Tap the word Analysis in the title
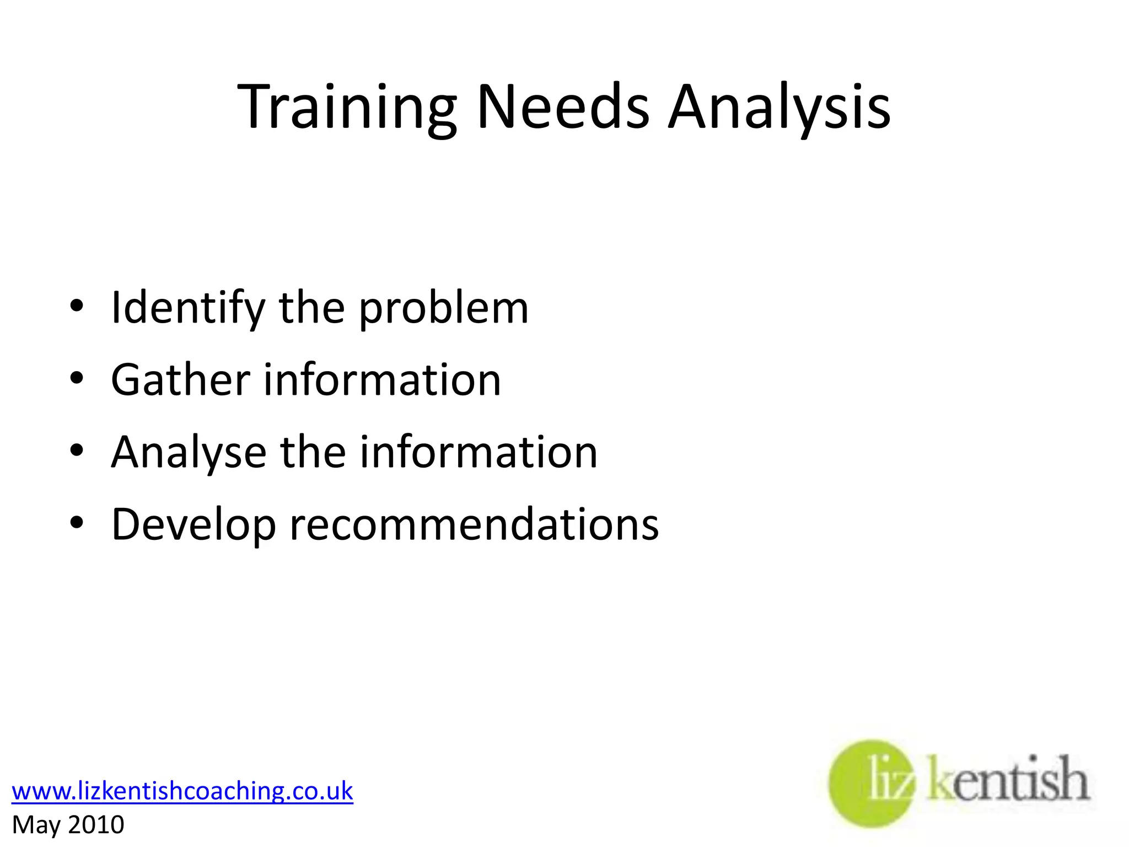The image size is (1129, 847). (x=779, y=108)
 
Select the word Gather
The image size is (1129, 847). (x=181, y=380)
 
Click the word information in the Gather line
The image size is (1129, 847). (x=383, y=380)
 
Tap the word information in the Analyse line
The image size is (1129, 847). (x=479, y=452)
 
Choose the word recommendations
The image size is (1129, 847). (x=474, y=524)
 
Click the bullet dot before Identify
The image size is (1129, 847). (x=77, y=306)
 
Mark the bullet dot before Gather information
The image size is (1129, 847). (x=77, y=378)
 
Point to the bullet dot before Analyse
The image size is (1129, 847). (x=77, y=451)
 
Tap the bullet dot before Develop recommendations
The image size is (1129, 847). (x=77, y=522)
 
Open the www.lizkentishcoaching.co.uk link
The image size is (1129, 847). (x=182, y=791)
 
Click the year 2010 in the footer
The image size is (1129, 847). (x=96, y=825)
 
